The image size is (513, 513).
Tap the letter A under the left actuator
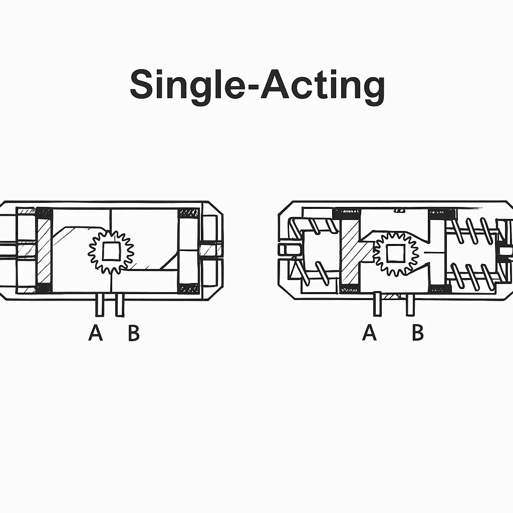click(96, 333)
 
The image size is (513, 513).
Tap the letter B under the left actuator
click(133, 333)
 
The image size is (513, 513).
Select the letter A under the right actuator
click(369, 333)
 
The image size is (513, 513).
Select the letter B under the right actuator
click(417, 333)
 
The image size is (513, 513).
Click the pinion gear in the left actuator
click(111, 251)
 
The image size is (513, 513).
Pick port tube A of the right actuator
click(377, 305)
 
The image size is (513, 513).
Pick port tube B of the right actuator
click(410, 305)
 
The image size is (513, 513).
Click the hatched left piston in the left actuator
click(44, 250)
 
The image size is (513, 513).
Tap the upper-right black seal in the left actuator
click(189, 213)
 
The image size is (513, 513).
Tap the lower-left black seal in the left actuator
click(44, 288)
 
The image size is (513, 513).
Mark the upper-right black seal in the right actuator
click(442, 214)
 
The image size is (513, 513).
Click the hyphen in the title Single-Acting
click(251, 88)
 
